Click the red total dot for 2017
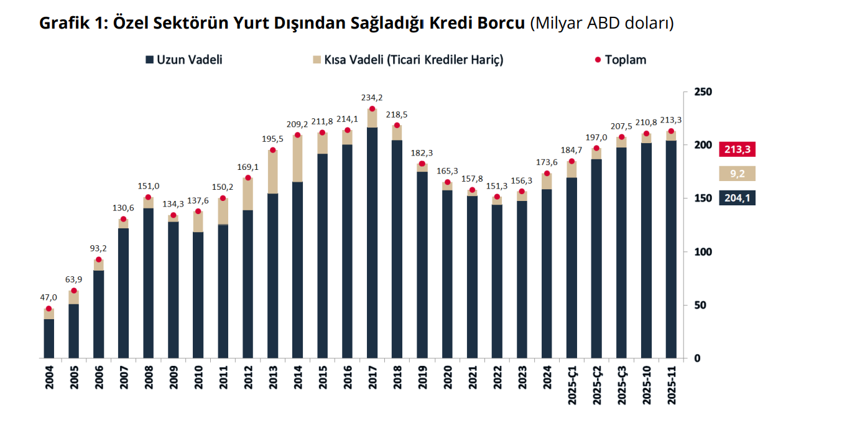pyautogui.click(x=372, y=109)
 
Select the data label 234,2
pyautogui.click(x=372, y=98)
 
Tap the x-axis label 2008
pyautogui.click(x=149, y=377)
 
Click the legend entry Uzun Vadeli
pyautogui.click(x=184, y=60)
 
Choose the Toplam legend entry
pyautogui.click(x=621, y=60)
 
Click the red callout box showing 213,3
pyautogui.click(x=737, y=150)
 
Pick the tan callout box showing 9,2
pyautogui.click(x=737, y=174)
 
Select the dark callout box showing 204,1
pyautogui.click(x=737, y=198)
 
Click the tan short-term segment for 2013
pyautogui.click(x=273, y=172)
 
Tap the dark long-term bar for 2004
pyautogui.click(x=49, y=338)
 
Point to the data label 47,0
pyautogui.click(x=49, y=298)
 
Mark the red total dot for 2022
pyautogui.click(x=497, y=197)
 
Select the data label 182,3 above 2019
pyautogui.click(x=422, y=153)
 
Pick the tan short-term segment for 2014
pyautogui.click(x=298, y=159)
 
